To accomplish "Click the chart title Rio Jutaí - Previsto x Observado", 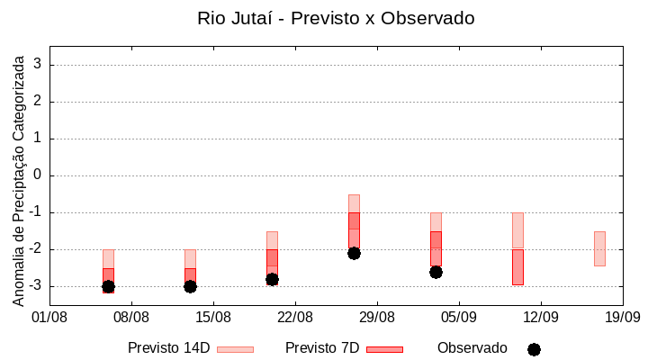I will (336, 18).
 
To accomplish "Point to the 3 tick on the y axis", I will (38, 65).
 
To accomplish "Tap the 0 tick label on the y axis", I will (38, 175).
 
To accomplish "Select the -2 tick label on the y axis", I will (35, 249).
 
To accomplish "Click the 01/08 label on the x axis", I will (49, 317).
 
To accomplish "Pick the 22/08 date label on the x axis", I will (295, 317).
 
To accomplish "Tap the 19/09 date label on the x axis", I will (622, 317).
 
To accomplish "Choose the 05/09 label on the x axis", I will (459, 317).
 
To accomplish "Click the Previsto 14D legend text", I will (168, 348).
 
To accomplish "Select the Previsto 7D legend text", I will (321, 348).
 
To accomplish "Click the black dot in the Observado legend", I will (534, 349).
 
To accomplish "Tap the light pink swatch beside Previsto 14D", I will (235, 349).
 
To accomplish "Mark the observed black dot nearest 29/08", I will (354, 253).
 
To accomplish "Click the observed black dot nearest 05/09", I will (436, 272).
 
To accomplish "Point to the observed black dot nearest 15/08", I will (190, 286).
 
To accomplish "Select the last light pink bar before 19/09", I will (599, 248).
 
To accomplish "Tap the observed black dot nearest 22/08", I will (272, 279).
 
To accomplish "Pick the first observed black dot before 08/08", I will (108, 286).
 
